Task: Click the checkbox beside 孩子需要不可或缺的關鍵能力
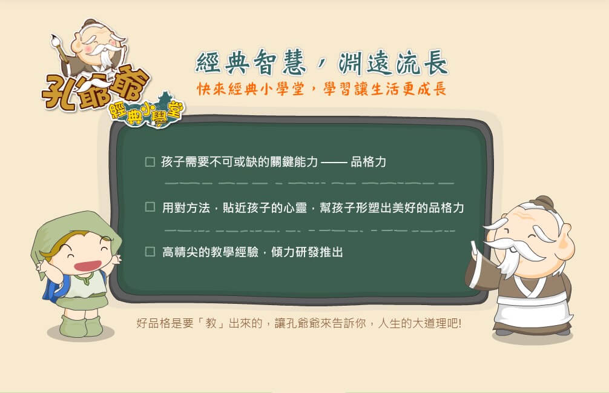click(x=150, y=162)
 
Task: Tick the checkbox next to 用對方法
click(x=150, y=207)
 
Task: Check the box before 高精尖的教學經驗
click(x=150, y=251)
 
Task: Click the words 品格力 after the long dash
click(x=368, y=162)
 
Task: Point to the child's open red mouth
click(x=88, y=266)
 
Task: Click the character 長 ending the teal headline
click(x=436, y=62)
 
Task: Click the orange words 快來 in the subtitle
click(x=211, y=89)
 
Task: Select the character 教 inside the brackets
click(x=211, y=323)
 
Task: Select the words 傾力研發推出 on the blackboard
click(x=307, y=252)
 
